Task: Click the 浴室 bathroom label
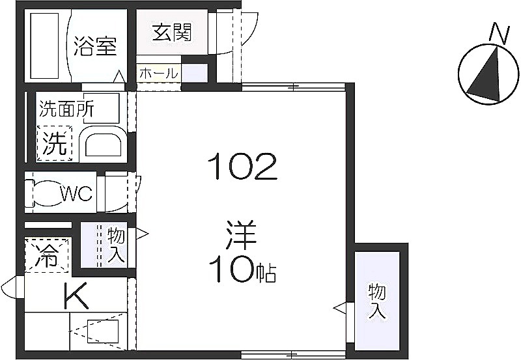click(x=94, y=46)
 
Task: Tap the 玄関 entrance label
click(x=172, y=32)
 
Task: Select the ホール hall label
click(x=158, y=74)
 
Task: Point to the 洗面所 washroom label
click(x=66, y=108)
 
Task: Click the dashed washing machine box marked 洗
click(x=55, y=143)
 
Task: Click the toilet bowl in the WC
click(x=46, y=193)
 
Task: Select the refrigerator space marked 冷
click(x=46, y=255)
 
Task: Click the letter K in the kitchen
click(x=76, y=296)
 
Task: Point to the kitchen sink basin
click(x=103, y=331)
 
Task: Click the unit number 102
click(x=242, y=166)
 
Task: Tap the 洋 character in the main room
click(x=241, y=235)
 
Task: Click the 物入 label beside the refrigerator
click(x=116, y=245)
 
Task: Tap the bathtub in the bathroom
click(x=45, y=46)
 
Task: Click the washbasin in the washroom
click(x=103, y=142)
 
